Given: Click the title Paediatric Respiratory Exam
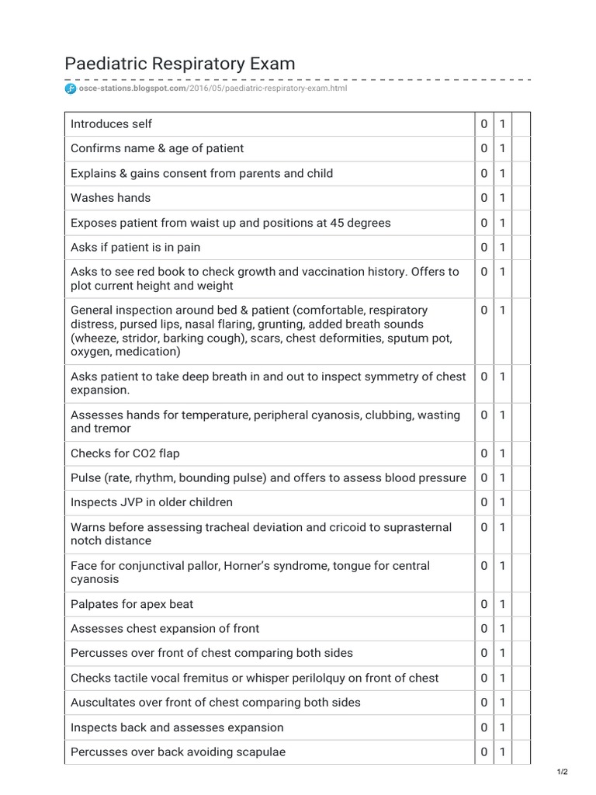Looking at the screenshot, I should pos(179,63).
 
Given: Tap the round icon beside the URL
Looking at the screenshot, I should pos(69,89).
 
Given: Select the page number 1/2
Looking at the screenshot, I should pos(563,771).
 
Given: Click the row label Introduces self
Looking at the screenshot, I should pos(111,124).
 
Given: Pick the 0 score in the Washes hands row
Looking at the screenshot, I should pos(483,198).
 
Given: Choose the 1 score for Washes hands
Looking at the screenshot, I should pos(502,198).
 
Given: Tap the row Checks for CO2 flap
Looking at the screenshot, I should pos(125,453).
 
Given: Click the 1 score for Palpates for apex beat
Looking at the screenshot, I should pos(502,604).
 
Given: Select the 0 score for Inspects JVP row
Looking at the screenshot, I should pos(483,502).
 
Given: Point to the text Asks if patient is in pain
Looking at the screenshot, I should pos(135,248).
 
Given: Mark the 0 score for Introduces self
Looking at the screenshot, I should pos(483,124).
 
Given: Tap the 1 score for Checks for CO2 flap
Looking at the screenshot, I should pos(502,453).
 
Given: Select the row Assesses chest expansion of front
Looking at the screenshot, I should pos(165,629).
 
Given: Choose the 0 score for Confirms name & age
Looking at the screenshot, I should pos(483,148).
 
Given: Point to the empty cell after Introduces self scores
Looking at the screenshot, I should pos(521,124).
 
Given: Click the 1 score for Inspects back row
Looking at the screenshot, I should pos(502,727).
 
